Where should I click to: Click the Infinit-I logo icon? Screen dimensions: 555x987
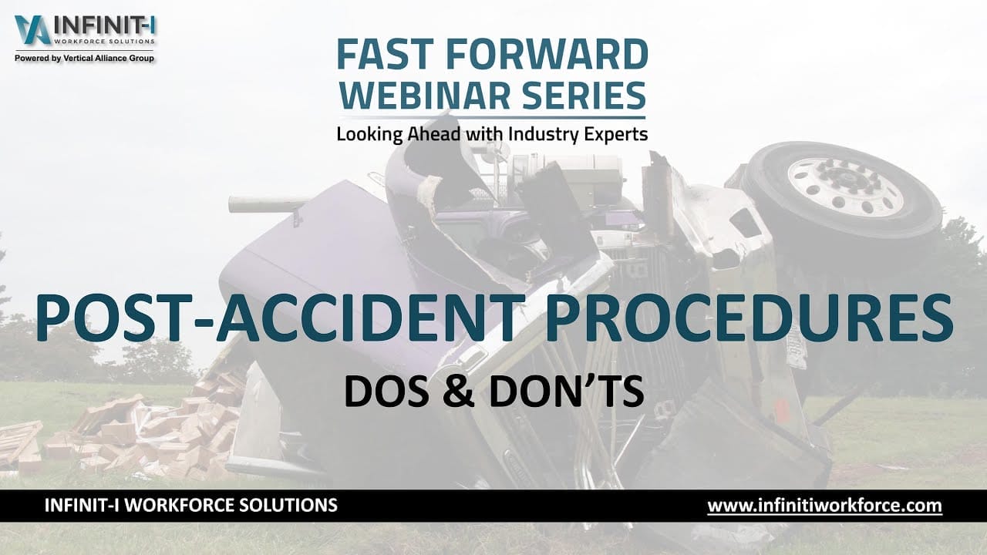32,30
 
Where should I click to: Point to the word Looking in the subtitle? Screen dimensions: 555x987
369,134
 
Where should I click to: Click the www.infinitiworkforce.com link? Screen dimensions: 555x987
824,506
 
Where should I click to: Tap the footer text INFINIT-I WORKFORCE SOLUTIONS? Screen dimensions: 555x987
191,506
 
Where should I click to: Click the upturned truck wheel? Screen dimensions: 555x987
842,190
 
